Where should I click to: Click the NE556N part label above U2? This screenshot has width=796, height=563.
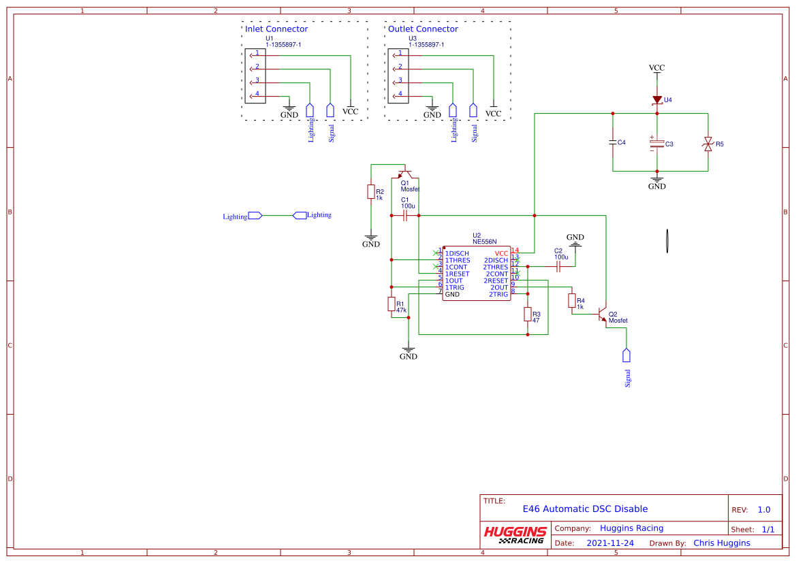[485, 242]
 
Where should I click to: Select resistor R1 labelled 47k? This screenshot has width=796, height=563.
[392, 304]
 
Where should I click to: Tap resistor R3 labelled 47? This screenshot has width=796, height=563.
[528, 314]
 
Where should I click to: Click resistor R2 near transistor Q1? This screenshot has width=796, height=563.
[371, 192]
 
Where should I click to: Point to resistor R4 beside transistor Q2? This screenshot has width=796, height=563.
[572, 301]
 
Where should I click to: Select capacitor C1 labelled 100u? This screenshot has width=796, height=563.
[405, 215]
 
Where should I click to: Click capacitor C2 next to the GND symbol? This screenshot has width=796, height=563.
[558, 268]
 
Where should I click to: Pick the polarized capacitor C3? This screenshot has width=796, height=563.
[657, 144]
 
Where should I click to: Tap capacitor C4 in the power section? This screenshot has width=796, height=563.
[613, 142]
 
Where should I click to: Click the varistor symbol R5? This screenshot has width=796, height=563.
[708, 144]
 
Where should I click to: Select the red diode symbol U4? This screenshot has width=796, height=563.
[657, 100]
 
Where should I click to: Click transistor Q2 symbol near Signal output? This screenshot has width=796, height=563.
[602, 315]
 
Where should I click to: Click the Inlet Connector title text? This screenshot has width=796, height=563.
[276, 29]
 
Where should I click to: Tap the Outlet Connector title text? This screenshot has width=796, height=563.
[423, 29]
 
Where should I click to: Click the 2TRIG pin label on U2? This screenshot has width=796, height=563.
[498, 294]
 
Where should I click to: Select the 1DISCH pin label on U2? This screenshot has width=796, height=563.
[457, 253]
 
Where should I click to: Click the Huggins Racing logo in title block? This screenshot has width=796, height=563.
[515, 535]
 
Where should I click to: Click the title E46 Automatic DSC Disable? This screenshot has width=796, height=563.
[585, 509]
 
